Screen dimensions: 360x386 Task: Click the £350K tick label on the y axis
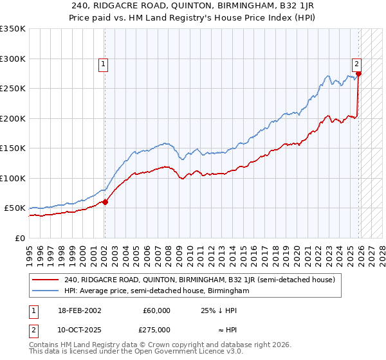coord(13,29)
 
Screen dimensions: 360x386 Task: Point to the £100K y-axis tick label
coord(13,178)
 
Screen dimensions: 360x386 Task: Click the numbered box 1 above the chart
coord(104,64)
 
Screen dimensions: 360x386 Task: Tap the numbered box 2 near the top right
coord(356,64)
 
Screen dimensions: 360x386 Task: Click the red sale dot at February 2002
coord(106,202)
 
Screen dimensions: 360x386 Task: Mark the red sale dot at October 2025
coord(358,74)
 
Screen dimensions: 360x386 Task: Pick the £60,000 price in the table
coord(156,310)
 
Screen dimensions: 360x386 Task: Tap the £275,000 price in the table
coord(156,330)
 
